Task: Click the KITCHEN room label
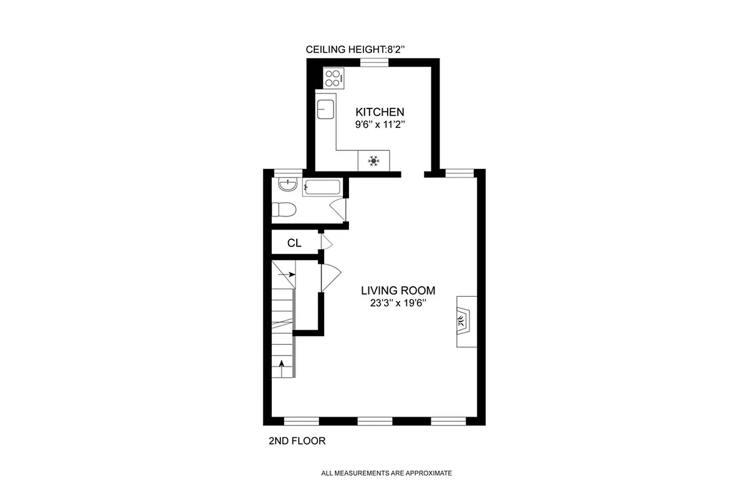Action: point(380,112)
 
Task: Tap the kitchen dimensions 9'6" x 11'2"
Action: point(380,124)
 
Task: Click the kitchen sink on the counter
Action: point(325,109)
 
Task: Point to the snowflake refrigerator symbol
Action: point(373,160)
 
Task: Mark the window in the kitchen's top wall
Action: point(375,61)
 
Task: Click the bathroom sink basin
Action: point(287,186)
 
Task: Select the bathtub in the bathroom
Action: point(322,187)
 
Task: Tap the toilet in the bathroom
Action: point(284,210)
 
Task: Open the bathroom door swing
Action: point(338,209)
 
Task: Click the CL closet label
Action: point(294,243)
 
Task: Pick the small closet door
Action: point(326,242)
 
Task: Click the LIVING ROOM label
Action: point(398,290)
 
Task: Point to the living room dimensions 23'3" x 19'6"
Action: point(398,303)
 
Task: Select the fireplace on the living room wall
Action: point(465,321)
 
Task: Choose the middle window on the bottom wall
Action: point(375,421)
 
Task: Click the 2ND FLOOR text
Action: point(297,441)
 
